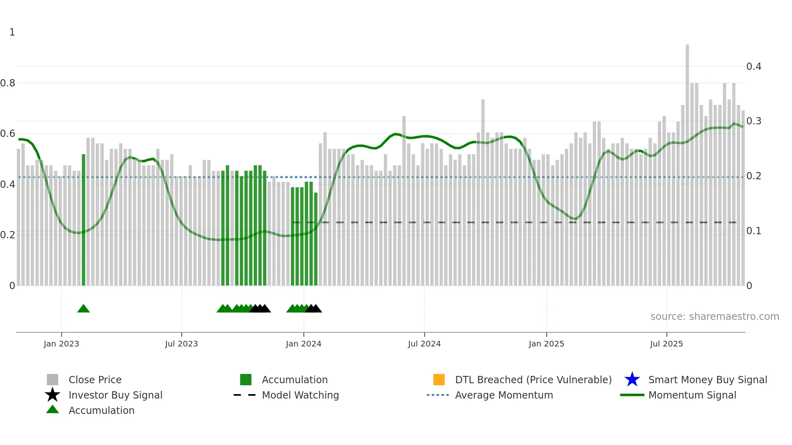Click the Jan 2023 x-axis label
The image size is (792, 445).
click(61, 344)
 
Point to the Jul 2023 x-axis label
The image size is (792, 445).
click(181, 344)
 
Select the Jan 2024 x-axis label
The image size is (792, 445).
click(303, 344)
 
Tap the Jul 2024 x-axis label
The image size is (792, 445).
click(424, 344)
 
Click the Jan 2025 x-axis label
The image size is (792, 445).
click(546, 344)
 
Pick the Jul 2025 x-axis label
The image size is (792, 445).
click(666, 344)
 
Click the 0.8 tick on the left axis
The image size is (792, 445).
click(8, 83)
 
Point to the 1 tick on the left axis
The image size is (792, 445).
click(12, 32)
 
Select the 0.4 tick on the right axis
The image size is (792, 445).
click(754, 66)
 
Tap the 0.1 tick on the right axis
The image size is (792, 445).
click(754, 231)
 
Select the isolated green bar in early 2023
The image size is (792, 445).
click(84, 220)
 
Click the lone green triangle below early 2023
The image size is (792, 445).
click(84, 309)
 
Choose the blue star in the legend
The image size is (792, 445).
click(632, 380)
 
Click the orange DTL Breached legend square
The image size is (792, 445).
click(439, 380)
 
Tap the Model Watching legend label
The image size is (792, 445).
click(300, 395)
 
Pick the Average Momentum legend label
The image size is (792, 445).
click(504, 395)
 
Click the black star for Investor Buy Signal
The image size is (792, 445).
click(53, 395)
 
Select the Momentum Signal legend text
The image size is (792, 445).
click(692, 395)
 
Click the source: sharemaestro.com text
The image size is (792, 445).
click(714, 317)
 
